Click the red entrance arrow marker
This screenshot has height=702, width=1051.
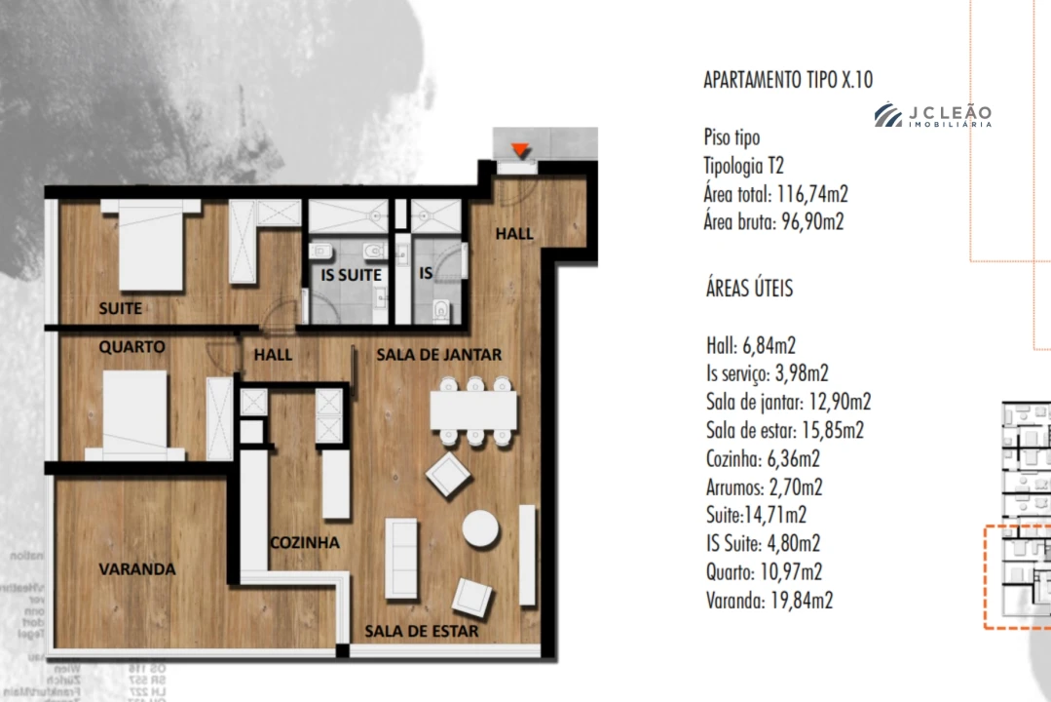pyautogui.click(x=521, y=150)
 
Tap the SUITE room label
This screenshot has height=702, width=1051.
pyautogui.click(x=121, y=308)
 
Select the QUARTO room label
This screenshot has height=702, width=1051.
pyautogui.click(x=131, y=347)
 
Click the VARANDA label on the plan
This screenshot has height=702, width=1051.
pyautogui.click(x=136, y=568)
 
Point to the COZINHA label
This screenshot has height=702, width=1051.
pyautogui.click(x=305, y=542)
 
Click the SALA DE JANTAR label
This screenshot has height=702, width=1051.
pyautogui.click(x=438, y=355)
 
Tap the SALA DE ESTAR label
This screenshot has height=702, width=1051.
pyautogui.click(x=421, y=631)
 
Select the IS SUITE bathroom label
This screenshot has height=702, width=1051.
pyautogui.click(x=351, y=275)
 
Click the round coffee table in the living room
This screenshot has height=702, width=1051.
pyautogui.click(x=481, y=529)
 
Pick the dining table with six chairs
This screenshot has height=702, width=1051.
pyautogui.click(x=473, y=410)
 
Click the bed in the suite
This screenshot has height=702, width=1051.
pyautogui.click(x=150, y=245)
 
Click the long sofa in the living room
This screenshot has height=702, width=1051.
pyautogui.click(x=401, y=559)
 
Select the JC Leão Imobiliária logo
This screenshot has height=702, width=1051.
pyautogui.click(x=932, y=116)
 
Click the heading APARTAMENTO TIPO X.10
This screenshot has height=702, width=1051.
pyautogui.click(x=788, y=80)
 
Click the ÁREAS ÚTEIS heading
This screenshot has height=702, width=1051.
pyautogui.click(x=749, y=289)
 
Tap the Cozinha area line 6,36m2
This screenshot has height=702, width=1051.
pyautogui.click(x=763, y=458)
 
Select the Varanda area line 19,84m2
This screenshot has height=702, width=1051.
pyautogui.click(x=769, y=600)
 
